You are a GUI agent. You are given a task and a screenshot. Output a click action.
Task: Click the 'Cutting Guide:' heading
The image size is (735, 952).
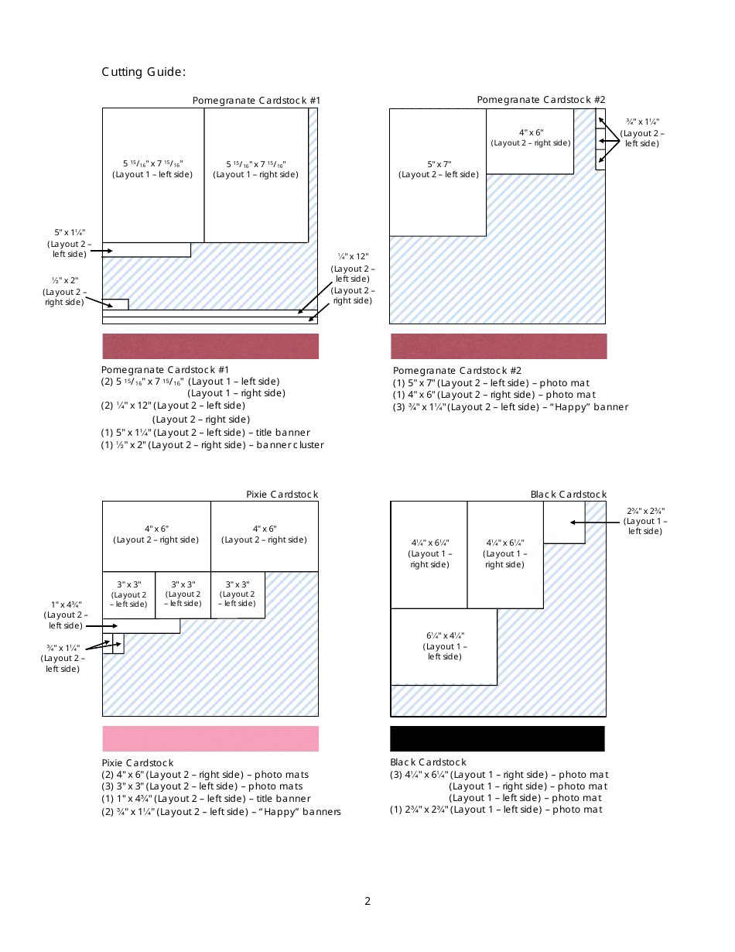(143, 72)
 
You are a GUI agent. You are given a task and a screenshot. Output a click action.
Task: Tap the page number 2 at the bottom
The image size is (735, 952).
(367, 901)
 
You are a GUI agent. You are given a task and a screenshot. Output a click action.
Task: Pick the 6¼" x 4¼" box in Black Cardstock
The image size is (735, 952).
(444, 646)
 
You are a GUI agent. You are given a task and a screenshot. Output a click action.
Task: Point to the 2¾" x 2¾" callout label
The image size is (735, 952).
(645, 520)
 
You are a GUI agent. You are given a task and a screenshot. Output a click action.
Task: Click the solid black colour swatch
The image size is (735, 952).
(497, 738)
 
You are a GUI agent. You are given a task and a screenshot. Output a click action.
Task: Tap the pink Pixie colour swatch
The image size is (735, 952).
(210, 738)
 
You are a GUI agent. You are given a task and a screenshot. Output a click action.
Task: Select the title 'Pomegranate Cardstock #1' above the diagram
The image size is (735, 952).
(256, 100)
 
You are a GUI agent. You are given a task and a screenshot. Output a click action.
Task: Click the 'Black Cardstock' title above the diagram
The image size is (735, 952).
(569, 494)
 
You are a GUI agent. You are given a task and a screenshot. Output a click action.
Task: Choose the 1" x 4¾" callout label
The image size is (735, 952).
(66, 615)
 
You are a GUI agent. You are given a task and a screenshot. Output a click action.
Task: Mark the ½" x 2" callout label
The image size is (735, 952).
(65, 291)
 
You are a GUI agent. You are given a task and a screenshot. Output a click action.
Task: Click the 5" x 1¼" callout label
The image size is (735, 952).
(69, 243)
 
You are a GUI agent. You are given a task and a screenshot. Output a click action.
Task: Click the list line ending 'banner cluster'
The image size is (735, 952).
(213, 445)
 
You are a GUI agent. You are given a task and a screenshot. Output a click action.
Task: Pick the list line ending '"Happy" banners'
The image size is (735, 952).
(221, 811)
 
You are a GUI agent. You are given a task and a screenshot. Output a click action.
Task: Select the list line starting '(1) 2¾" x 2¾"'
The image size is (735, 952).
(495, 810)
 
